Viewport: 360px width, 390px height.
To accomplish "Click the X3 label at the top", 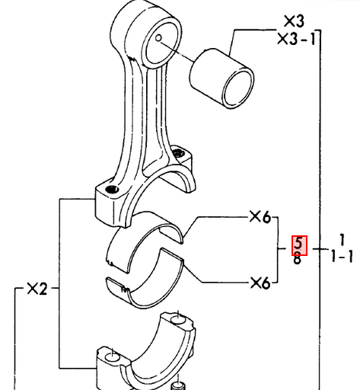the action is click(294, 21).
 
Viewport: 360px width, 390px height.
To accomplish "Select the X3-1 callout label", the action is click(297, 39).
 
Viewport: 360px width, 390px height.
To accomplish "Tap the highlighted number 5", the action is click(299, 245).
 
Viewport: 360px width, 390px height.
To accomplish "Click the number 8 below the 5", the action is click(297, 260).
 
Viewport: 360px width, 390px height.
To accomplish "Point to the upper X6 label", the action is click(260, 217).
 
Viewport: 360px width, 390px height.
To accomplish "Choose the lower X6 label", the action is click(260, 283).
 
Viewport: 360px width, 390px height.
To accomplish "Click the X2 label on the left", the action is click(37, 289).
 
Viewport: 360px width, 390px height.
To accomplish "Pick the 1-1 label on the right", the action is click(342, 257).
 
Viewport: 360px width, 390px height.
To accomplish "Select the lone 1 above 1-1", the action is click(342, 240).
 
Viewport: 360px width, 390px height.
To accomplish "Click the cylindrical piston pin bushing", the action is click(221, 78).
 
